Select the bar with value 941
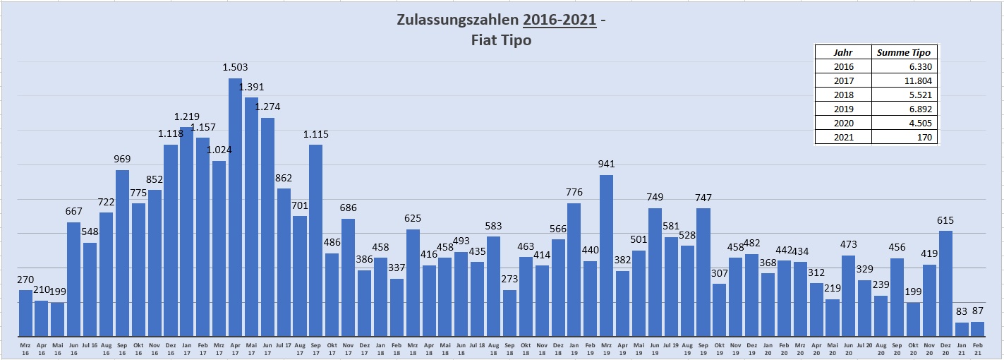(606, 256)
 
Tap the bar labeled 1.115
(315, 240)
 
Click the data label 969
(122, 159)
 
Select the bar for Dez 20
(945, 283)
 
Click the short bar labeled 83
(961, 329)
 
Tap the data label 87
(977, 311)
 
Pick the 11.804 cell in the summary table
(905, 80)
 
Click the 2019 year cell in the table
(843, 109)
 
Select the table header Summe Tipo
(905, 52)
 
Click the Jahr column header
(843, 52)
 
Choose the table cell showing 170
(905, 137)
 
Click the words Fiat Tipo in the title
(501, 40)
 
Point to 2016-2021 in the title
(560, 19)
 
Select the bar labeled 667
(73, 279)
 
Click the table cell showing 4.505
(905, 123)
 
